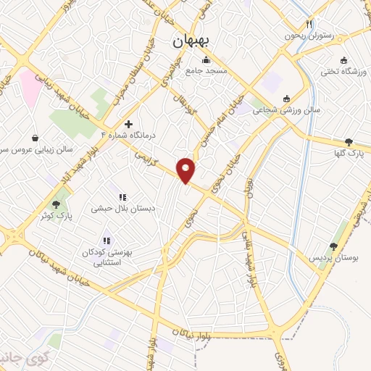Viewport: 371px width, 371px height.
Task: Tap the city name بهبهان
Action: (191, 41)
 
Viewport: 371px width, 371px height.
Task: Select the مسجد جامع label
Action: (206, 71)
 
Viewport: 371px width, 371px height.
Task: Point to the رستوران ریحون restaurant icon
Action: (309, 23)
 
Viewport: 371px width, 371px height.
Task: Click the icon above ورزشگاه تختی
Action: (344, 61)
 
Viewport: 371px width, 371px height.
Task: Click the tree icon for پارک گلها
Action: (349, 142)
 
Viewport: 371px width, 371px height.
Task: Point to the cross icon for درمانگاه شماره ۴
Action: (129, 124)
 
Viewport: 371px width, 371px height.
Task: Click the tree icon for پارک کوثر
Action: (56, 205)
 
